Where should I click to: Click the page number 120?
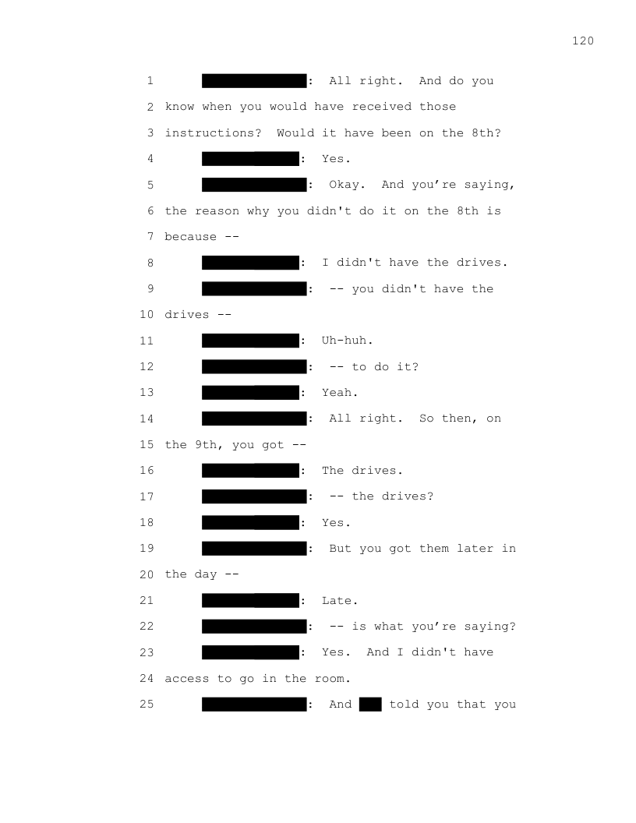[583, 41]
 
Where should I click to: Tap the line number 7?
[150, 237]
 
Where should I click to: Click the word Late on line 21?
[337, 601]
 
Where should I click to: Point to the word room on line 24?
[329, 679]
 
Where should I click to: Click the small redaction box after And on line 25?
[370, 705]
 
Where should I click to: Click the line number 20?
[147, 574]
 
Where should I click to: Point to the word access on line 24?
[187, 679]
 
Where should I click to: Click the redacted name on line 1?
[254, 81]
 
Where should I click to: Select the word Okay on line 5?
[344, 185]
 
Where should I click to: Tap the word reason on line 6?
[217, 211]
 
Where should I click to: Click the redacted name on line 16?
[250, 471]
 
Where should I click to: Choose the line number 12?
[147, 367]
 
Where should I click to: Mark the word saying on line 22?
[490, 627]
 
